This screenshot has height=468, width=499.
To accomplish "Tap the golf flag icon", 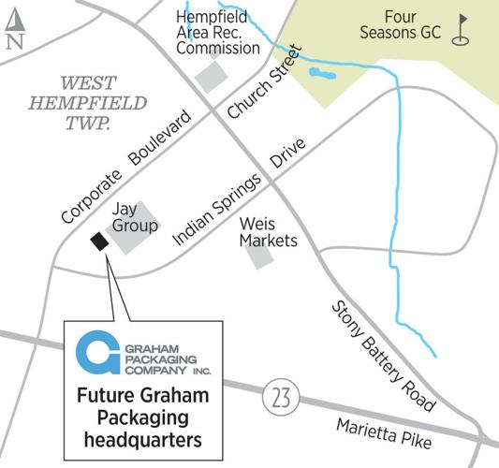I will coord(461,29).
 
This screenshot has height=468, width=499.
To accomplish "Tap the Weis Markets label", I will coord(268,232).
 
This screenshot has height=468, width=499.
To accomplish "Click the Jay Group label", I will coord(133,217).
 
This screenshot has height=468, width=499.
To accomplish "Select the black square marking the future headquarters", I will coord(98,243).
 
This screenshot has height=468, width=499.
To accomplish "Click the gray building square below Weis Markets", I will coord(261,256).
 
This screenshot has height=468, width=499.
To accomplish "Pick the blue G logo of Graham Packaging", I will coord(95,351).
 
